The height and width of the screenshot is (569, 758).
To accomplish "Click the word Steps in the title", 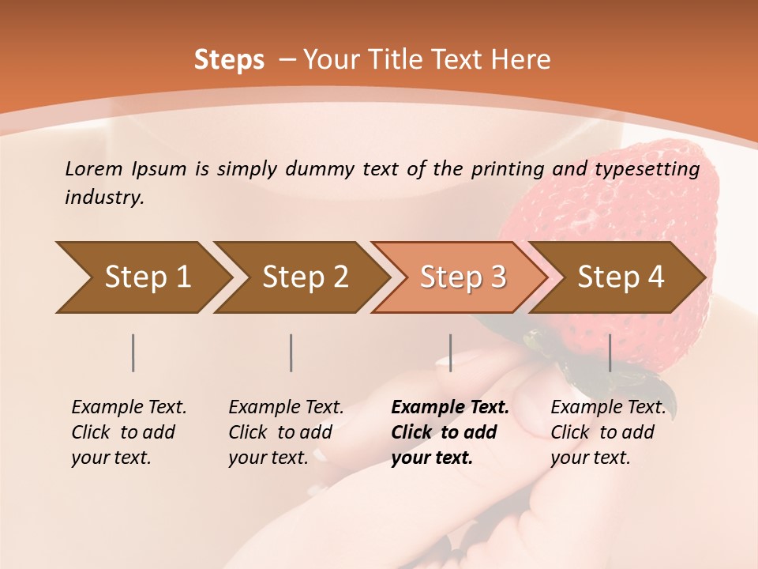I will (x=229, y=60).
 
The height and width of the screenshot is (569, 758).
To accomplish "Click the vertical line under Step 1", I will (x=133, y=352).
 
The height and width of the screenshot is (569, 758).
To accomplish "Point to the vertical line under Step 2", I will (x=291, y=352).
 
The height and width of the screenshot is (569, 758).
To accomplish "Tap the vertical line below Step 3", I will (x=450, y=352).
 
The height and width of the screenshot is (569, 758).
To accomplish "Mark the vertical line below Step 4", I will (x=610, y=352).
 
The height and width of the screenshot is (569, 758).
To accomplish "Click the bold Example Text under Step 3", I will (x=450, y=431).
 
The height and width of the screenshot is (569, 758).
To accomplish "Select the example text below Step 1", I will (x=129, y=431).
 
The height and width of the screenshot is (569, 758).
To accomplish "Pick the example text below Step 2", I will (x=286, y=431).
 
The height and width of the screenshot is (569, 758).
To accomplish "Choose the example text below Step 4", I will (x=608, y=431).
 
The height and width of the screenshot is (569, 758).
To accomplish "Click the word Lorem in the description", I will (x=94, y=168).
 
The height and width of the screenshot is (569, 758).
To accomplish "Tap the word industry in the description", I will (x=104, y=198).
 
